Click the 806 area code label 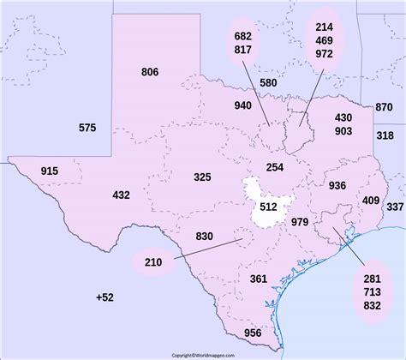[150, 72]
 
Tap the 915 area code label [50, 171]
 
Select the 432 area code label [122, 195]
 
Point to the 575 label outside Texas [87, 128]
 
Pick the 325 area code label [202, 177]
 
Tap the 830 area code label [205, 236]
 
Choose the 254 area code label [275, 167]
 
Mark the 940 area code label [242, 105]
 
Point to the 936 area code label [337, 185]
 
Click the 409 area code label [371, 201]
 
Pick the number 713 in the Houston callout [372, 292]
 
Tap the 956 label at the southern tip [254, 333]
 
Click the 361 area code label [259, 279]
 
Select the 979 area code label [300, 223]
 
